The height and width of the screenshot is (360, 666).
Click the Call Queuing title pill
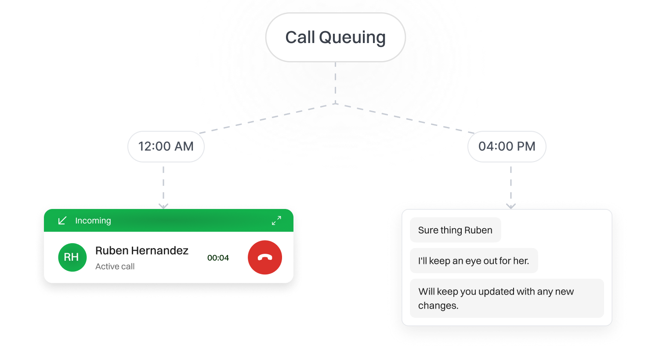[x=335, y=37]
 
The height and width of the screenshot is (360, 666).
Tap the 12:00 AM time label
[x=166, y=146]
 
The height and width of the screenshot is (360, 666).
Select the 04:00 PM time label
[x=507, y=146]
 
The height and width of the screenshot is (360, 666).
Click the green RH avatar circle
[x=72, y=257]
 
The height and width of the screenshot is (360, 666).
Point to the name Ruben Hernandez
[x=141, y=251]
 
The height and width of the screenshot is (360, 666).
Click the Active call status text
[x=115, y=266]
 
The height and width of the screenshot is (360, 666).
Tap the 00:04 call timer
[x=218, y=258]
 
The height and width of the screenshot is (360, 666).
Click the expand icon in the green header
[x=276, y=220]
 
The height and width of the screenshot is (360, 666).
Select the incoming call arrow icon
[x=62, y=220]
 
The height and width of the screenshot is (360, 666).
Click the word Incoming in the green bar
[x=93, y=220]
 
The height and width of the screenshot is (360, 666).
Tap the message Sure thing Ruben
[x=455, y=230]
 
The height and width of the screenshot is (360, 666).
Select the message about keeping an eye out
[x=474, y=261]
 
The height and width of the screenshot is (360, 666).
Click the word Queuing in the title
[x=352, y=38]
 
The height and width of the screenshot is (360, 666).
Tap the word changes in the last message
[x=438, y=306]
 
